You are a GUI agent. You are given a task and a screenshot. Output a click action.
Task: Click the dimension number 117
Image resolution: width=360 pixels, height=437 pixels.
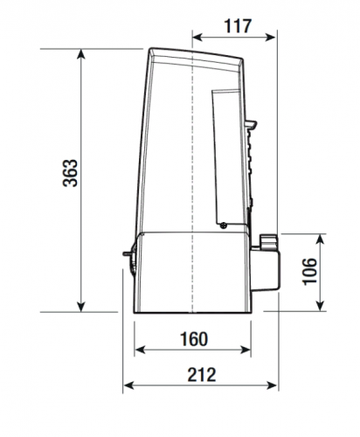click(238, 25)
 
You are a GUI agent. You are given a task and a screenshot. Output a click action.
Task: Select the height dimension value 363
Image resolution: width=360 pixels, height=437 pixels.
click(71, 173)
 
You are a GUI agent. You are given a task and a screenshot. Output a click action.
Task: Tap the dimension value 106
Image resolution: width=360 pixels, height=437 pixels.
click(309, 272)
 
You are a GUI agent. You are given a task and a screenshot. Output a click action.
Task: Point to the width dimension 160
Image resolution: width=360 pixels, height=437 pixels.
click(194, 339)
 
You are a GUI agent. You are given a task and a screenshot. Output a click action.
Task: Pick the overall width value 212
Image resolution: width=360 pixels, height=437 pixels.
click(202, 375)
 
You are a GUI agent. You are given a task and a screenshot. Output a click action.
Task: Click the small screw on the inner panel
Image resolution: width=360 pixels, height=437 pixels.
click(224, 225)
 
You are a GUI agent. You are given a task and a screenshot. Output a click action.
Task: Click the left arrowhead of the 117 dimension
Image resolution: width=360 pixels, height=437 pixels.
click(197, 38)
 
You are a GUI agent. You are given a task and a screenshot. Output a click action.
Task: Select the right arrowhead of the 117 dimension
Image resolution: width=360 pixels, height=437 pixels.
click(270, 38)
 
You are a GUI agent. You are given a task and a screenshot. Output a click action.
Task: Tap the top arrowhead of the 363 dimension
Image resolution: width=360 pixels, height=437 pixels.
click(81, 54)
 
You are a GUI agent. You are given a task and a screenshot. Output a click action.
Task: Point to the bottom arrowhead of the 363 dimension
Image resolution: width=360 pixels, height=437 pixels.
click(81, 307)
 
